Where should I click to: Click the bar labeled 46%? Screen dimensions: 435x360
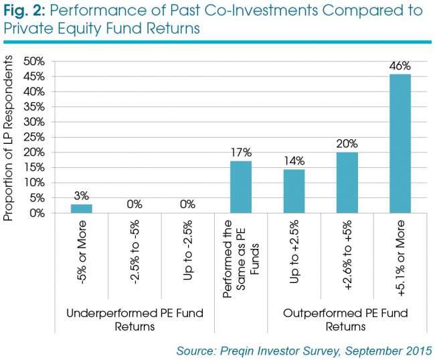tap(400, 144)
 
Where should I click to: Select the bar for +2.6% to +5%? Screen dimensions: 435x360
tap(347, 183)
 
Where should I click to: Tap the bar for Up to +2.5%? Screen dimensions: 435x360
tap(294, 191)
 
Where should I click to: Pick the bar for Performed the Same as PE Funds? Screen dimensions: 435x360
tap(241, 187)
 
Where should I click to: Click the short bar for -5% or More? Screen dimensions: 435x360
tap(82, 209)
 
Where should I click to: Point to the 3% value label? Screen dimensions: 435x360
tap(82, 196)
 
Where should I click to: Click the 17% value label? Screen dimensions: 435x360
tap(241, 153)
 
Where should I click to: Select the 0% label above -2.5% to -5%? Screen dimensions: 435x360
tap(135, 204)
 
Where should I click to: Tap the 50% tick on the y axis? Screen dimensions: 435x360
tap(34, 62)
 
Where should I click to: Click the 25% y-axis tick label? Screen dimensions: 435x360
tap(34, 137)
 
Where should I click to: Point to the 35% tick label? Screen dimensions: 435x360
tap(34, 107)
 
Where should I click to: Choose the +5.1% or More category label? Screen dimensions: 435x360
tap(400, 258)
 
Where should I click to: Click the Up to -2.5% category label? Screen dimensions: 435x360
tap(188, 250)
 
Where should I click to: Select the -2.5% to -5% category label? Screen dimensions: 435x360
tap(135, 252)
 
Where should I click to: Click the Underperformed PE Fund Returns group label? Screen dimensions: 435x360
tap(135, 320)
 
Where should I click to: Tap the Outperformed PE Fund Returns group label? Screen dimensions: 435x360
tap(345, 320)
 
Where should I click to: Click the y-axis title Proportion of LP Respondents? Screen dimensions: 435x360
tap(8, 138)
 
